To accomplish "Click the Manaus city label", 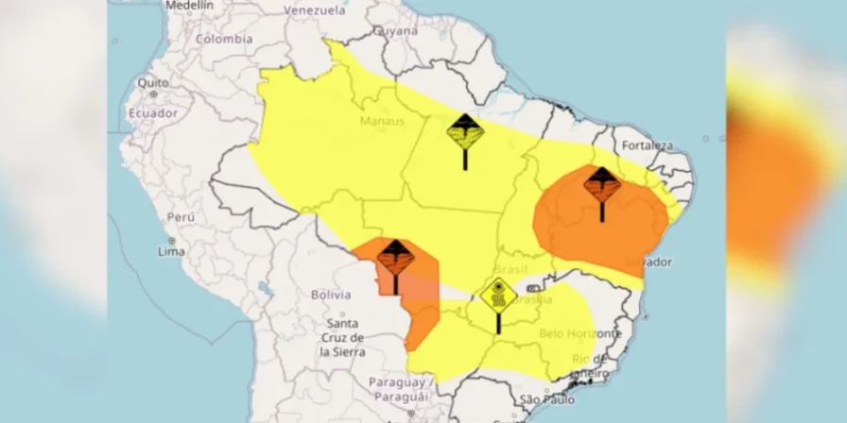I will tap(382, 121).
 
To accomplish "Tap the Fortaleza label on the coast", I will tap(648, 145).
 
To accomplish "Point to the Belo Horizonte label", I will tap(579, 333).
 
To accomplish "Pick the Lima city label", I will tap(171, 251).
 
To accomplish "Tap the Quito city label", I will tap(152, 82).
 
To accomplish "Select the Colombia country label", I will tap(224, 39).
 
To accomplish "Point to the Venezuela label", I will tap(315, 10).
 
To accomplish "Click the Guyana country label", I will tap(394, 30).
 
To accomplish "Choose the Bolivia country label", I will tap(331, 295).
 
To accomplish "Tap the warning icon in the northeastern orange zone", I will tap(602, 184).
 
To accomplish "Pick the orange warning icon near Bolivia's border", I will tap(393, 257).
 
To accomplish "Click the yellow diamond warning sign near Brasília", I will tap(497, 296).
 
